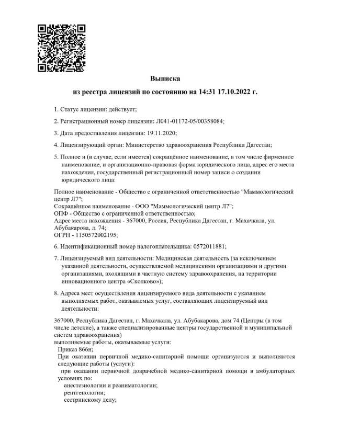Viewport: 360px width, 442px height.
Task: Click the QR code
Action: point(62,47)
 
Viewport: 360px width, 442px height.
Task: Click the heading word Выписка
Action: point(165,78)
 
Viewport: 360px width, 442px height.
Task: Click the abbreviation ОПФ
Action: point(62,213)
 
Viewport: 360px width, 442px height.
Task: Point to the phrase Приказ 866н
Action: point(76,349)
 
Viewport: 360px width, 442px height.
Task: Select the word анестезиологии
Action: point(86,386)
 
